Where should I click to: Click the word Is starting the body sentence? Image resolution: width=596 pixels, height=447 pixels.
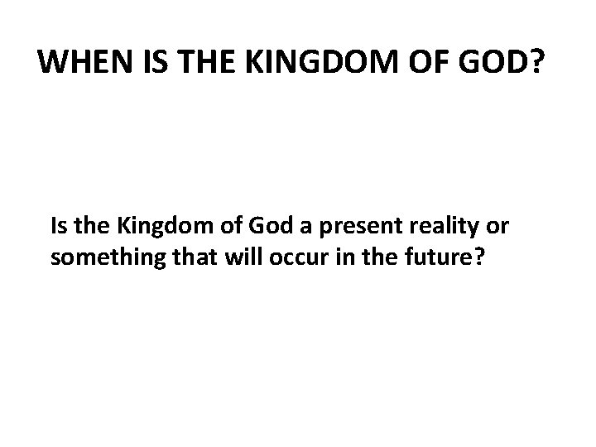click(x=59, y=226)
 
